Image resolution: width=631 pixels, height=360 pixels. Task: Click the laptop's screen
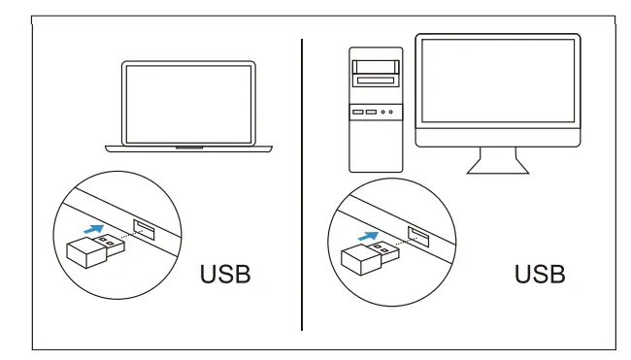click(x=188, y=103)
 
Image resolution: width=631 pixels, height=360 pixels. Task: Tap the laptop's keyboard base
click(x=188, y=148)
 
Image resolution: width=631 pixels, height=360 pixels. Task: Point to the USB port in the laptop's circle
click(x=142, y=231)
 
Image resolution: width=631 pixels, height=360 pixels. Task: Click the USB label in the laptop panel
click(x=224, y=275)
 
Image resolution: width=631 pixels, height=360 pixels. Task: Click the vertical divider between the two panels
click(x=302, y=184)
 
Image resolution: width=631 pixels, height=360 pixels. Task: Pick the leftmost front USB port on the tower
click(x=359, y=113)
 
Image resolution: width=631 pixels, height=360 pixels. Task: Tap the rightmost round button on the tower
click(x=392, y=113)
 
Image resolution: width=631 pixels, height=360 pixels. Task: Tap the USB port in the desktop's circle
click(x=418, y=235)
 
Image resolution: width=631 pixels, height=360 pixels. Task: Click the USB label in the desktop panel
click(x=539, y=275)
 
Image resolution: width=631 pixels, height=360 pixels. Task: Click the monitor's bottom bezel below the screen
click(x=497, y=137)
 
